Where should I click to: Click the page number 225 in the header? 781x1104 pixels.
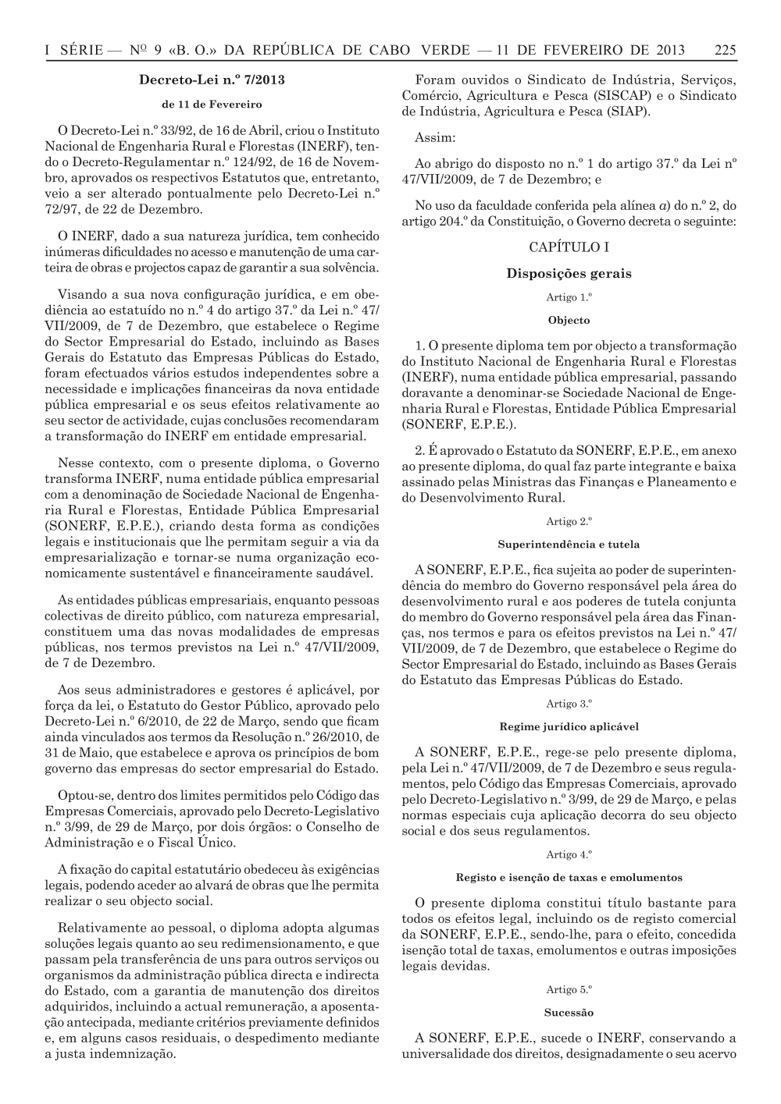pos(725,51)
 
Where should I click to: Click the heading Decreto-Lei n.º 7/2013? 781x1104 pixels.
pos(212,80)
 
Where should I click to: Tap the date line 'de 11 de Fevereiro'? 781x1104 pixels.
pos(212,104)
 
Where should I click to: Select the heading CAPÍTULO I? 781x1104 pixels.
pos(569,247)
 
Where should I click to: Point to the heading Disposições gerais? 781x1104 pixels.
pos(569,273)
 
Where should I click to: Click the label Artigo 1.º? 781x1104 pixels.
pos(569,297)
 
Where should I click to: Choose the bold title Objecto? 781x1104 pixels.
pos(569,320)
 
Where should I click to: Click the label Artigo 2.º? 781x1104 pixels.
pos(569,521)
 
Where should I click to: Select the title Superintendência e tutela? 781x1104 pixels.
pos(569,544)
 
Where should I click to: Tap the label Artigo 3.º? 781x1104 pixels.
pos(569,704)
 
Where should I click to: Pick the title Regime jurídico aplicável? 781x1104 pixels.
pos(569,726)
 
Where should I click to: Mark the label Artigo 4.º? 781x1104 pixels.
pos(569,854)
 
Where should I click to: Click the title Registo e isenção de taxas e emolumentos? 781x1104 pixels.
pos(569,877)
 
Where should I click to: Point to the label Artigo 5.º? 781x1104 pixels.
pos(569,989)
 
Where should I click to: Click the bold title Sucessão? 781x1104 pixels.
pos(569,1013)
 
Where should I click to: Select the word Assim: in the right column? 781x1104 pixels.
pos(435,138)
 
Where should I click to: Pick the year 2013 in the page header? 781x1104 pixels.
pos(670,51)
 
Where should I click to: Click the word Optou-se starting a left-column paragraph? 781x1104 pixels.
pos(82,795)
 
